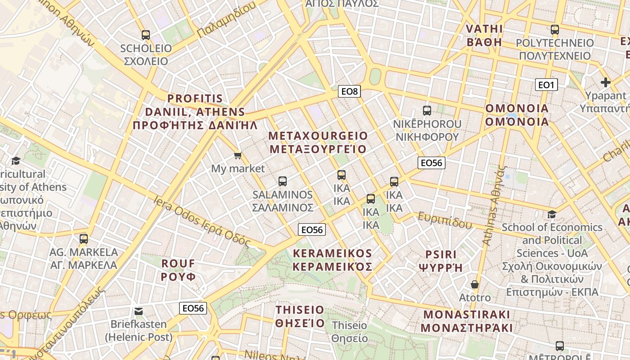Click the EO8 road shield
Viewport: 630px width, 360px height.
click(349, 92)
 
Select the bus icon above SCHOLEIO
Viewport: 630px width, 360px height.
click(145, 35)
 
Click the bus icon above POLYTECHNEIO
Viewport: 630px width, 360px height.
click(555, 30)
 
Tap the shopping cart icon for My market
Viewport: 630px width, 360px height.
click(238, 156)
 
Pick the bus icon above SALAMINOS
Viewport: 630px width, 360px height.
click(283, 181)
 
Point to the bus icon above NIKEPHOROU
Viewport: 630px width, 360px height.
click(427, 110)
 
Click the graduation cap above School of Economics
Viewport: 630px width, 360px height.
click(552, 214)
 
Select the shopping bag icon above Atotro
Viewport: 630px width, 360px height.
click(474, 284)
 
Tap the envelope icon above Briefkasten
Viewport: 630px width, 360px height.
click(139, 311)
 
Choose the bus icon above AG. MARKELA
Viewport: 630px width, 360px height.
click(84, 239)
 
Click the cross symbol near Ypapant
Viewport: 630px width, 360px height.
click(605, 82)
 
